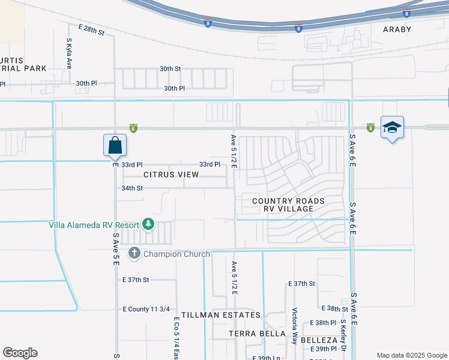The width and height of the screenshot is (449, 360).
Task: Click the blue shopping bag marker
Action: [115, 145]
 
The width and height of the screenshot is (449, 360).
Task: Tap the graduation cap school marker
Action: [392, 128]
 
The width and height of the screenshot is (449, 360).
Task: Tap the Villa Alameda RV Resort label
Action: [94, 225]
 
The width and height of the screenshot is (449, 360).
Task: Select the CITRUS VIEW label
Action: [171, 175]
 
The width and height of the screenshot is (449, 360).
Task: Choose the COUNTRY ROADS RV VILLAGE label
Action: [288, 205]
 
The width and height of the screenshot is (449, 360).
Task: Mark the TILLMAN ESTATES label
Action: [221, 315]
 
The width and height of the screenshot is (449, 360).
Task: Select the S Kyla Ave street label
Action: [69, 53]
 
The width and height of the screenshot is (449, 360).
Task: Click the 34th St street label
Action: [132, 188]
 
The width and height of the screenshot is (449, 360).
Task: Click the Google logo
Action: [20, 353]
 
